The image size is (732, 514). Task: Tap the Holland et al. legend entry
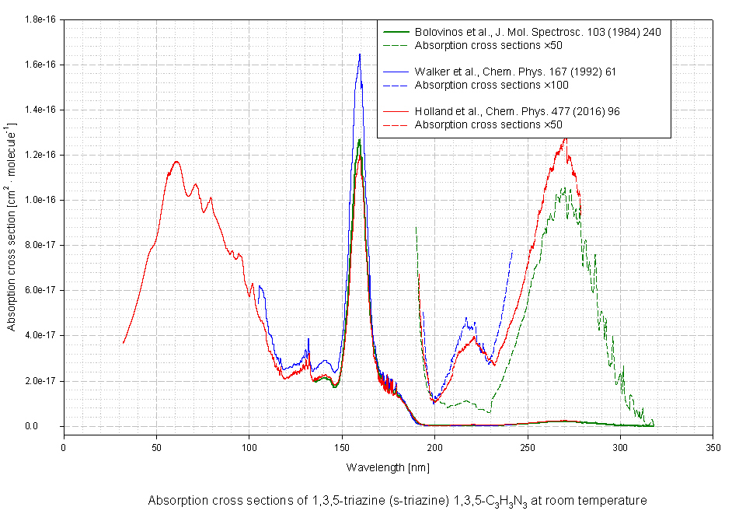[517, 112]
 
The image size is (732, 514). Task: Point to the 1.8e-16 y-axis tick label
[37, 19]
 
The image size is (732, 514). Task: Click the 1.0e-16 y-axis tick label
[37, 200]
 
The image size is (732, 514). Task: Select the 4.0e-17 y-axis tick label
[37, 335]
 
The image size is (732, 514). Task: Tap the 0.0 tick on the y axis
[47, 426]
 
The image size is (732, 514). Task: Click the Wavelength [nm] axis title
[388, 467]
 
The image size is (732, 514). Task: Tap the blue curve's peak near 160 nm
[360, 54]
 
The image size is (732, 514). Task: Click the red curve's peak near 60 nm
[177, 161]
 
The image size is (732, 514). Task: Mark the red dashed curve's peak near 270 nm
[565, 139]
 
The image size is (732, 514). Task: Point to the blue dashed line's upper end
[512, 252]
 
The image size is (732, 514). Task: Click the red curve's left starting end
[123, 343]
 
